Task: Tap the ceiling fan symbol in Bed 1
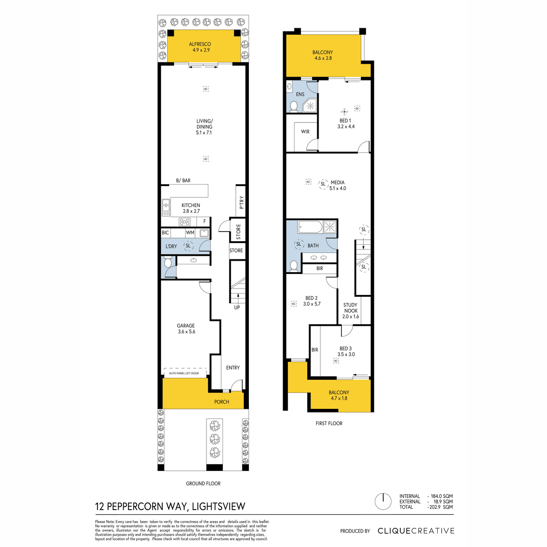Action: pos(344,112)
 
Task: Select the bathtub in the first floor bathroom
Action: pos(310,227)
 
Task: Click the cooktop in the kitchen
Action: pos(185,222)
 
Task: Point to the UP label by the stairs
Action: pos(237,307)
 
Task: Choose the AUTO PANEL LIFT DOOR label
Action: pos(184,373)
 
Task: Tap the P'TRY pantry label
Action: pos(242,202)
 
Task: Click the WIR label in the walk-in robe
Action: pos(305,132)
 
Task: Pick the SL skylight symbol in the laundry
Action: pos(188,246)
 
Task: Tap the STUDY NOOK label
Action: pos(350,308)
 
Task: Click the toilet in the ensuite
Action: pos(294,107)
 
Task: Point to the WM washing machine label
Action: pos(190,233)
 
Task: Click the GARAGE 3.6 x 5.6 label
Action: pos(186,328)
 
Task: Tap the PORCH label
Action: pos(222,402)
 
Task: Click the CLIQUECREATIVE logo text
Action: pos(416,531)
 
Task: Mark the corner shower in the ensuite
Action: pos(310,106)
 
